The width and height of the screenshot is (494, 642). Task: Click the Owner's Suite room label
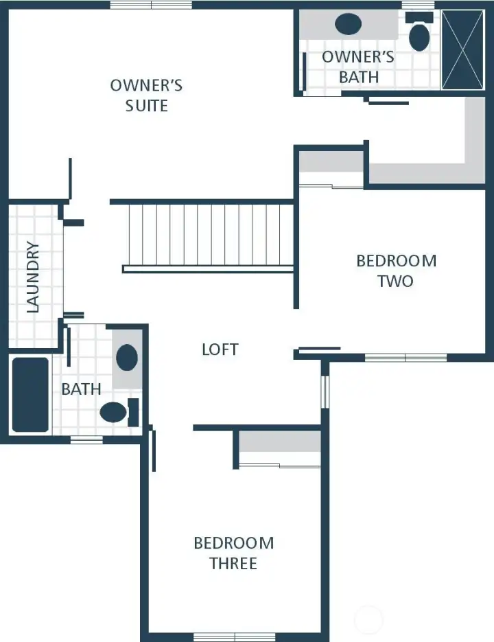(146, 95)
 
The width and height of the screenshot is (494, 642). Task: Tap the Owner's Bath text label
(358, 67)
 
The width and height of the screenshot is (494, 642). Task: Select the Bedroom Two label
(396, 271)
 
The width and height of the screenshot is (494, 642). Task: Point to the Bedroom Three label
(233, 553)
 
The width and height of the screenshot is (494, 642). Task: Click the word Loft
(220, 349)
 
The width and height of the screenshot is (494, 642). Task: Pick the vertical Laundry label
(33, 277)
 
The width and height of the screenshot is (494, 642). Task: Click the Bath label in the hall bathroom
(81, 389)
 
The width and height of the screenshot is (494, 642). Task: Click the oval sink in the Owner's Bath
(348, 24)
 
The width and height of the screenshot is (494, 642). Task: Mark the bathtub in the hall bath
(30, 395)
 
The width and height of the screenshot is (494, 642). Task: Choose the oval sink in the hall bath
(127, 358)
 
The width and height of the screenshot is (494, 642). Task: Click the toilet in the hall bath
(115, 412)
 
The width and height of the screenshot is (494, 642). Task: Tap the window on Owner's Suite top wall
(151, 5)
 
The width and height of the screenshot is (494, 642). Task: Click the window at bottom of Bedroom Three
(235, 637)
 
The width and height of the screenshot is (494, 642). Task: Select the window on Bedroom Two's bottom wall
(405, 357)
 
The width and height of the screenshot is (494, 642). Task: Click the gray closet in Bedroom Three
(280, 442)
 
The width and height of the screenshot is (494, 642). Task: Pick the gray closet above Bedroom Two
(331, 162)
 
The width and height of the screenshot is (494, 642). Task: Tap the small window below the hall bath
(86, 439)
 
